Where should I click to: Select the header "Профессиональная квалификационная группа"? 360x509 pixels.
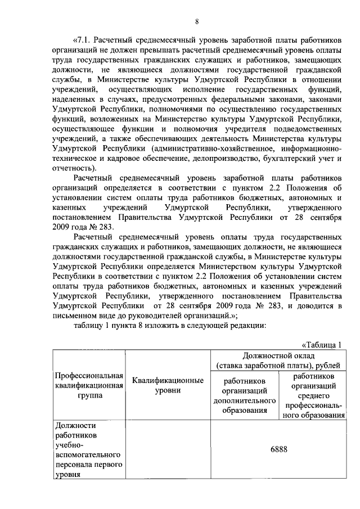(88, 385)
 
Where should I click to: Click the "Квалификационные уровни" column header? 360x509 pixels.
(167, 385)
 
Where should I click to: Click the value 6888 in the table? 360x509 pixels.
(278, 449)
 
